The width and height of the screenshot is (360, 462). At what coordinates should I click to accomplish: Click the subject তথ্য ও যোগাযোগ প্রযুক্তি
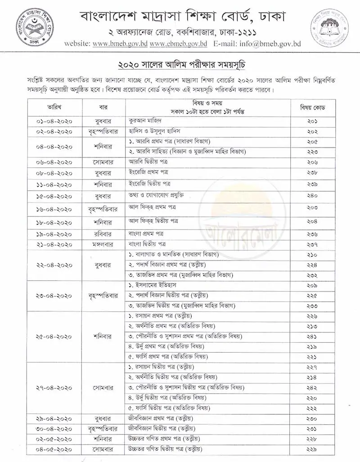pos(156,195)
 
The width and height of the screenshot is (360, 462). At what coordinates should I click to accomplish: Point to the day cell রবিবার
pos(105,234)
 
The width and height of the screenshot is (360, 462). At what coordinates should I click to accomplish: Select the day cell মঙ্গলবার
pos(105,244)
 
